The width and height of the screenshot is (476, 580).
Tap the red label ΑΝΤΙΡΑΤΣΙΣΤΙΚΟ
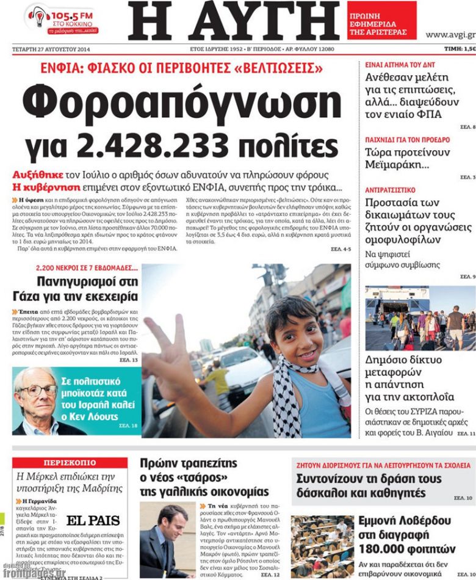point(390,190)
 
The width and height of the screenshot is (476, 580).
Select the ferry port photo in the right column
point(420,318)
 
